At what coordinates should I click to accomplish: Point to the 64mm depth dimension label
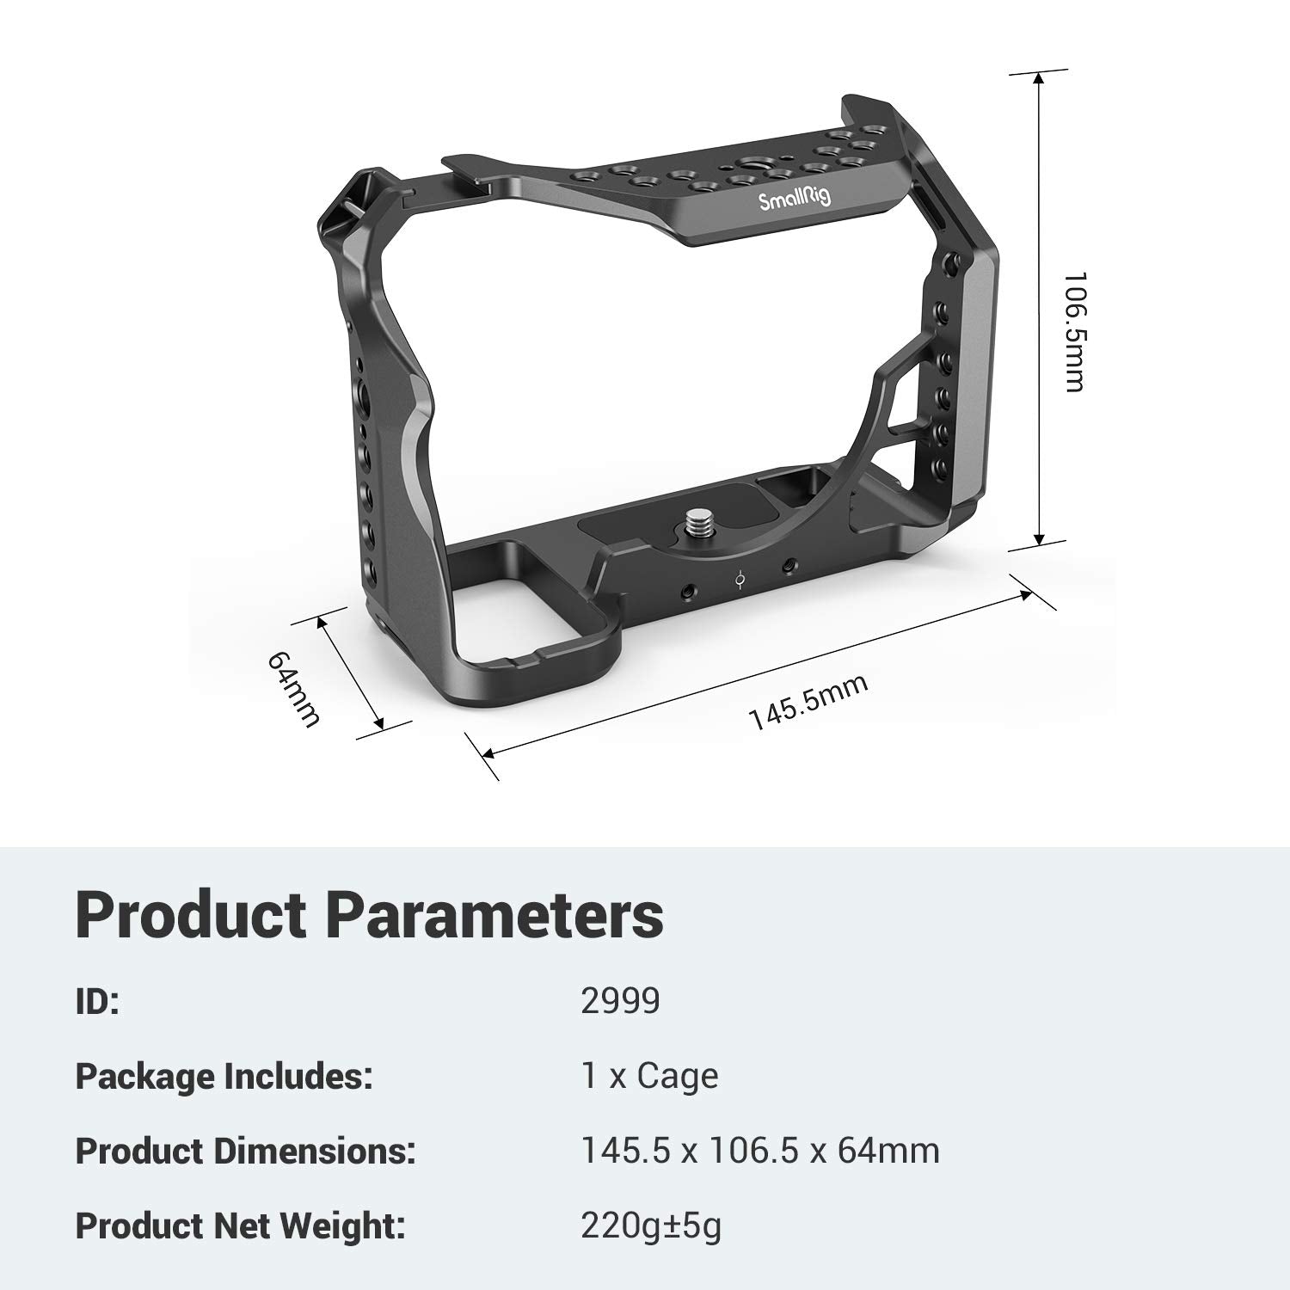point(294,689)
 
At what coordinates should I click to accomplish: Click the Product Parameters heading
point(370,914)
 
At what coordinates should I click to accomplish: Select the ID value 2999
point(620,1001)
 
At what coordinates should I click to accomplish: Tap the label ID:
point(97,1002)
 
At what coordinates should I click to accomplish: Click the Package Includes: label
point(224,1076)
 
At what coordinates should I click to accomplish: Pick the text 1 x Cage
point(650,1076)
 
